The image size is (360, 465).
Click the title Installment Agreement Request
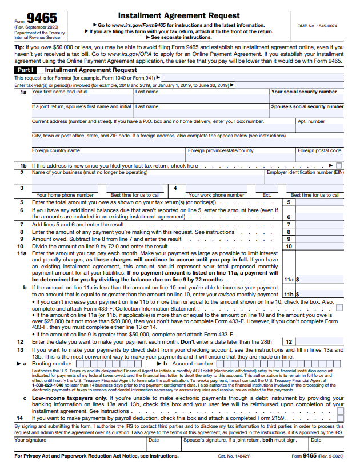coord(179,15)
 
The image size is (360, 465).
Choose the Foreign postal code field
coord(320,157)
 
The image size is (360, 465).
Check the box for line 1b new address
coord(341,166)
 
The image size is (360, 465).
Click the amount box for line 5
coord(320,202)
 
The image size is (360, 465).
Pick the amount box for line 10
coord(320,247)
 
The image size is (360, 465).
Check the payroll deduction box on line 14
coord(341,418)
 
